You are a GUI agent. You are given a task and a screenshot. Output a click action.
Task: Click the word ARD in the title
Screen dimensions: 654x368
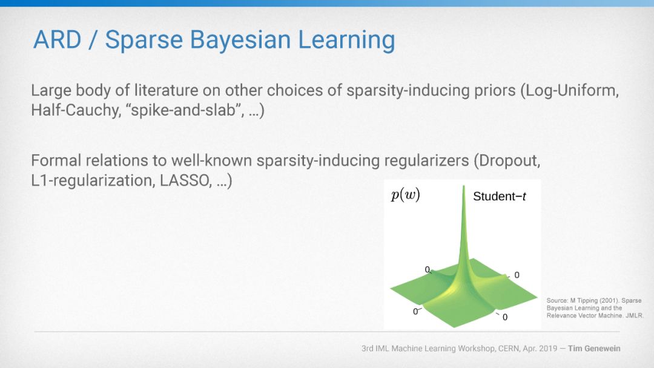pos(57,39)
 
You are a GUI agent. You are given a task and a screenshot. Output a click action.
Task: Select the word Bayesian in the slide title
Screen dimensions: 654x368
pos(240,41)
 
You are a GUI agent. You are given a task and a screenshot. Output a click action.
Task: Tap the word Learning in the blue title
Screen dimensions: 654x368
pos(346,41)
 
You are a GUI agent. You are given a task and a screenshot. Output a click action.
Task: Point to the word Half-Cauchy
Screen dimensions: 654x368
pos(76,110)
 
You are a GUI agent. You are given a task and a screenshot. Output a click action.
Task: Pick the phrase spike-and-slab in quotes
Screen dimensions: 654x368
pos(183,110)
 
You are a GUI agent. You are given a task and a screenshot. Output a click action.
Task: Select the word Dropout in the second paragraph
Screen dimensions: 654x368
pos(507,161)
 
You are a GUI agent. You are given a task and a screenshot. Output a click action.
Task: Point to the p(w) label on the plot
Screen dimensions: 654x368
pos(405,195)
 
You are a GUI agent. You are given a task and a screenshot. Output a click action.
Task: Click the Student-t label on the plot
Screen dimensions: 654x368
pos(500,196)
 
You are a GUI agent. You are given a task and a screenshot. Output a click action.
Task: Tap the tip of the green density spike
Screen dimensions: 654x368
pos(463,186)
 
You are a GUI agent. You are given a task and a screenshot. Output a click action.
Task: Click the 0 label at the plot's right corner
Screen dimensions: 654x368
pos(517,275)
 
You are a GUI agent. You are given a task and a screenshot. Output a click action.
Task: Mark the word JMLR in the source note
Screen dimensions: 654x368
pos(635,315)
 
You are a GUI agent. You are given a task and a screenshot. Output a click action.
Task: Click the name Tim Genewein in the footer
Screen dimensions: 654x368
pos(595,349)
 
